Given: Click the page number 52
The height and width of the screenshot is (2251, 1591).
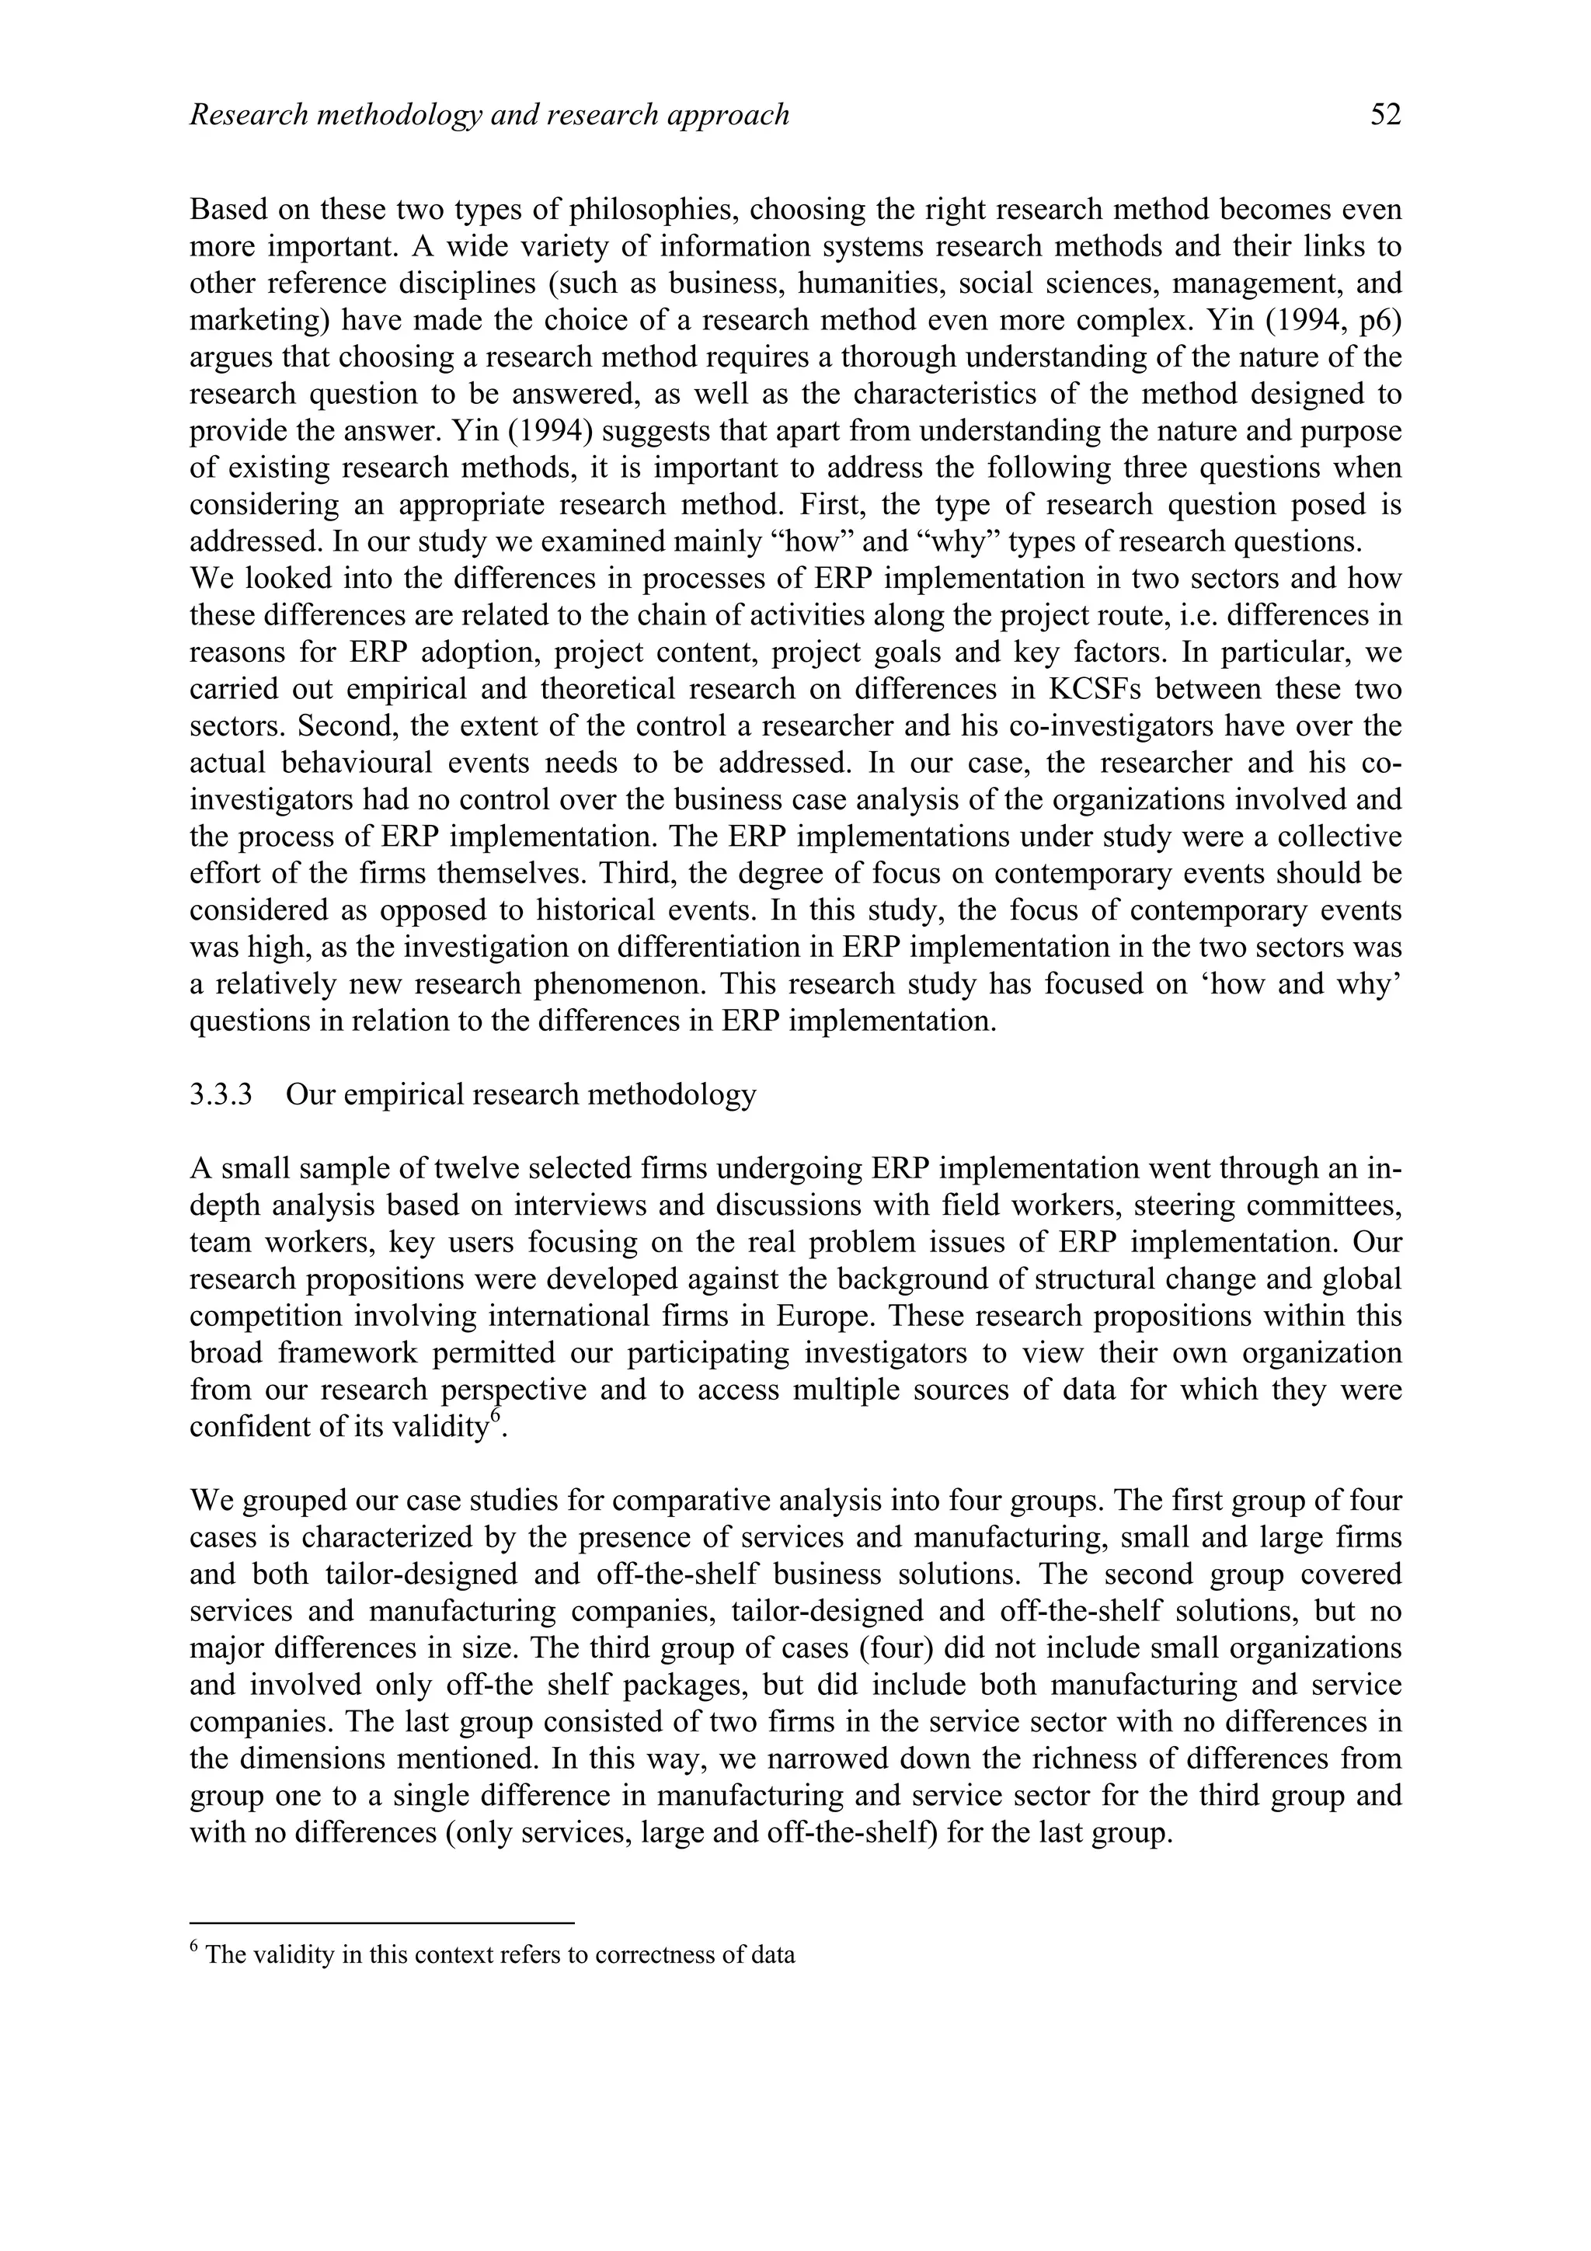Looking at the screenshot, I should tap(1385, 116).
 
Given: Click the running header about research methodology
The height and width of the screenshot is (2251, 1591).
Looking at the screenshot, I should tap(489, 116).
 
